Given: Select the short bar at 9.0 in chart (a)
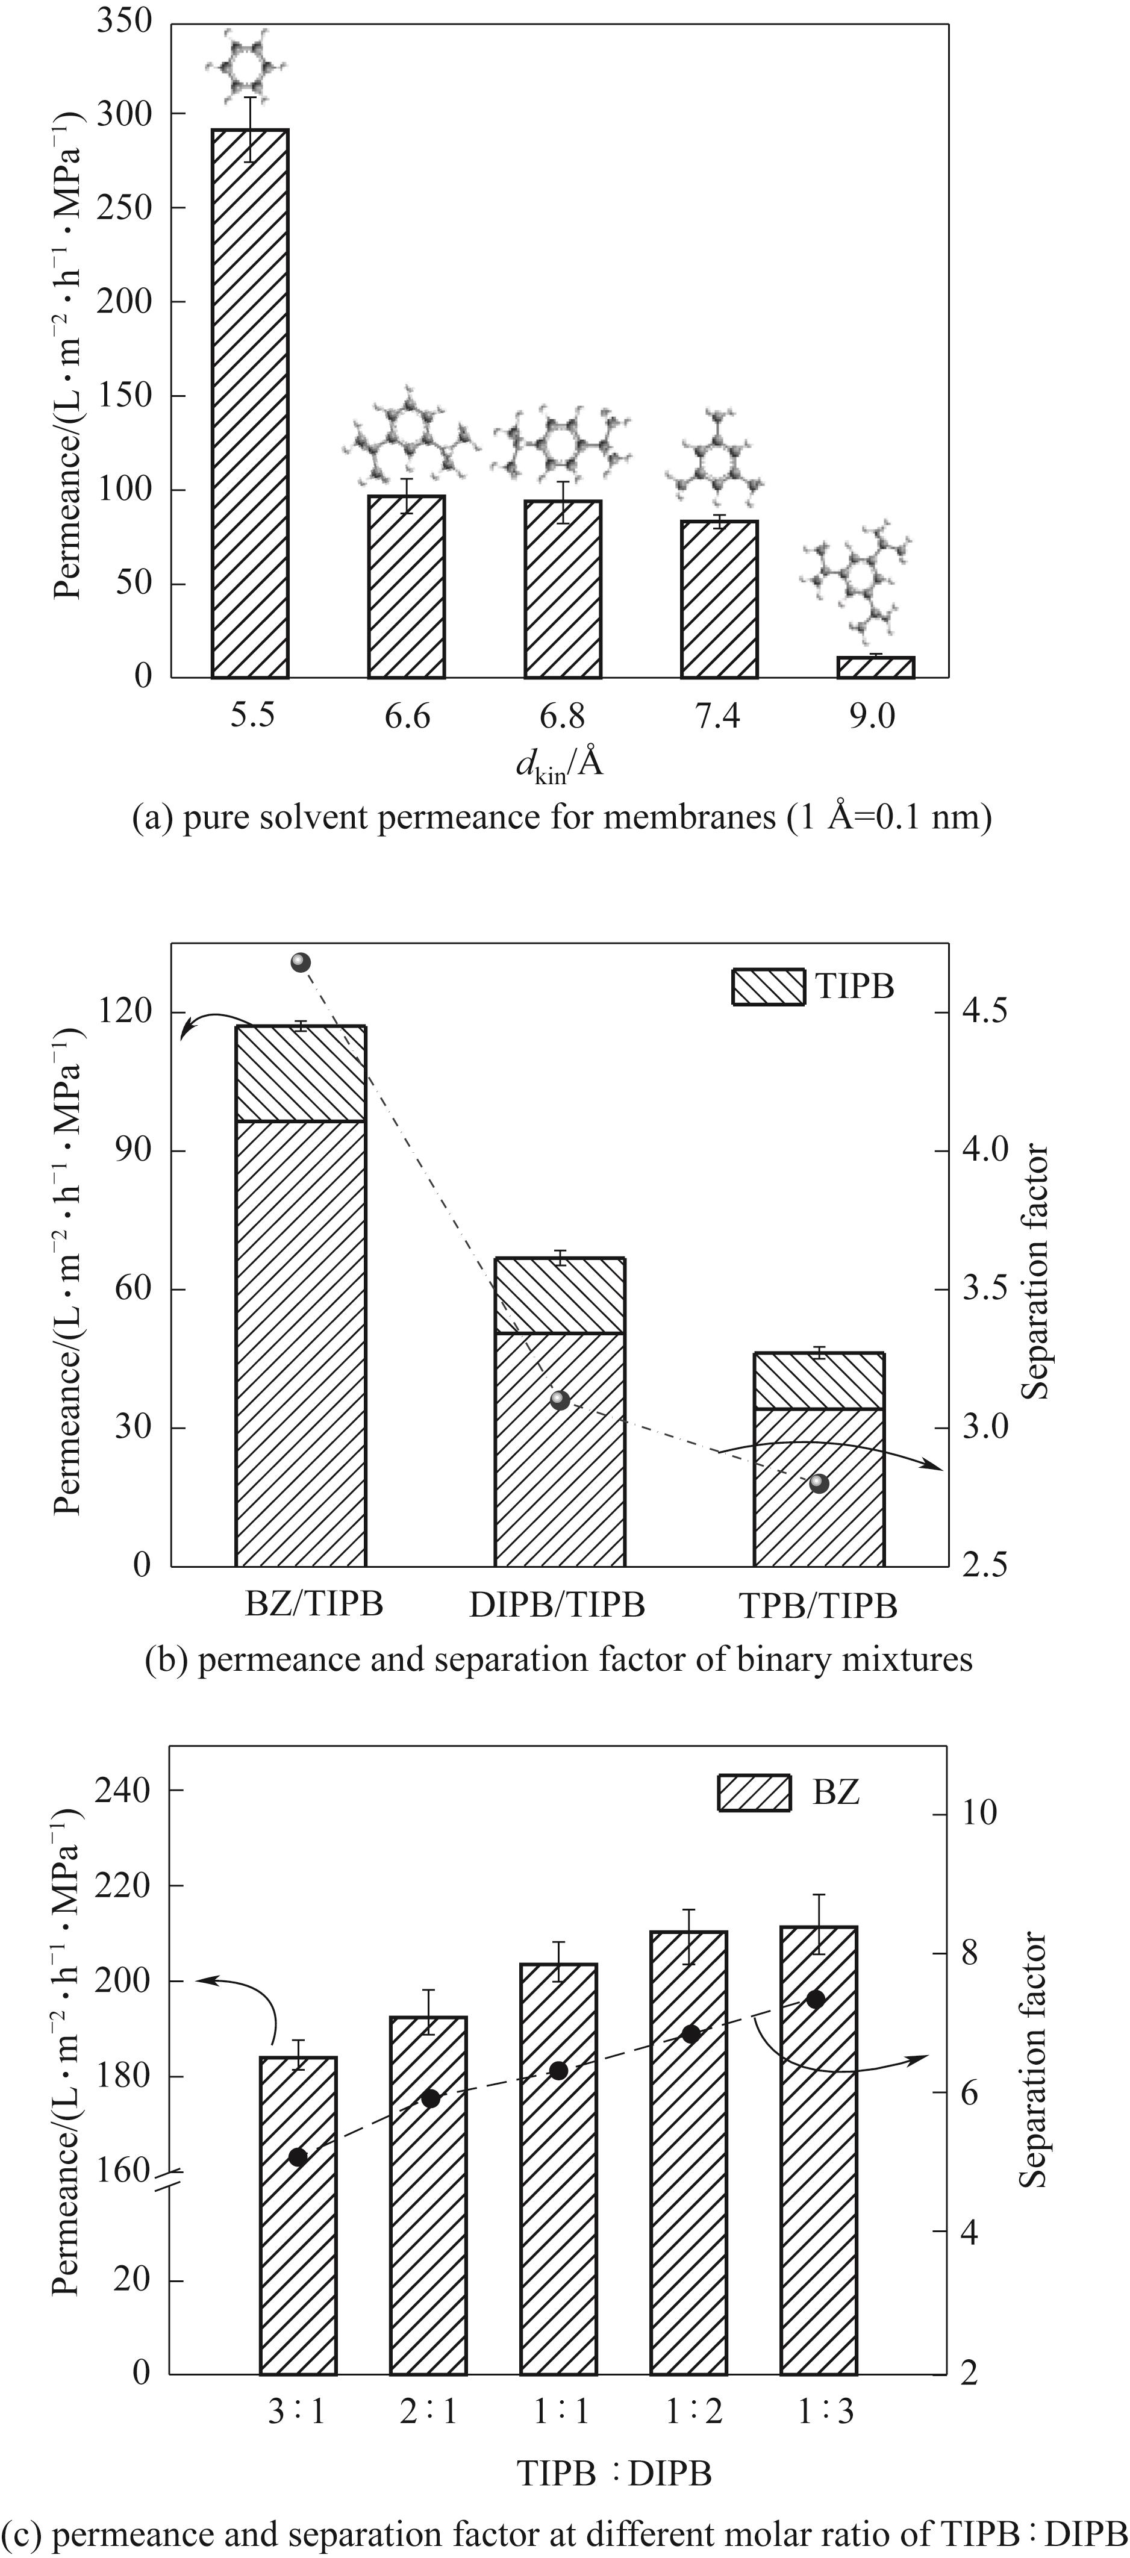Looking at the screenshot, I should pyautogui.click(x=875, y=667).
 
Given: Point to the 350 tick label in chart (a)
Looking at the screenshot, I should pyautogui.click(x=125, y=21).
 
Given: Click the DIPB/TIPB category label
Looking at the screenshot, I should pyautogui.click(x=557, y=1605).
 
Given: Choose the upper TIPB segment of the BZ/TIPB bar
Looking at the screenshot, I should pyautogui.click(x=301, y=1073).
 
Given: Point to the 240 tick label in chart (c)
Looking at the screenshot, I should pyautogui.click(x=122, y=1789).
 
